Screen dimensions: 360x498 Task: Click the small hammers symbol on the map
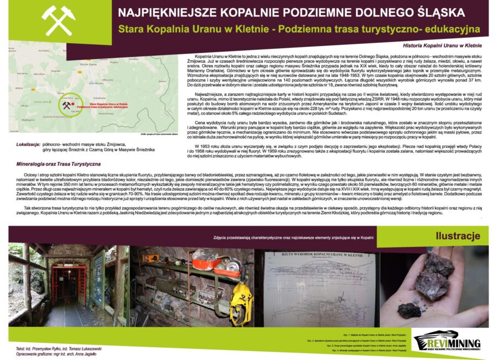[66, 105]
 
